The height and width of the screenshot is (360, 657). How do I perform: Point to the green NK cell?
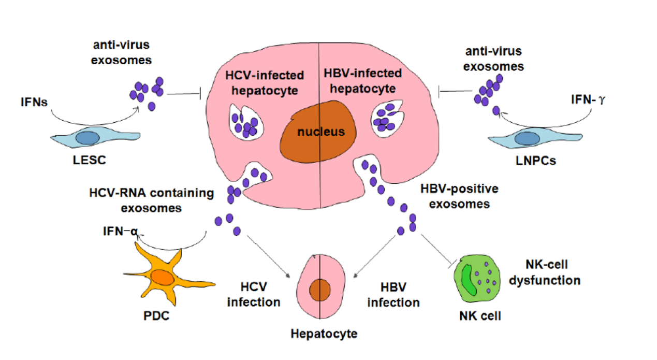(x=476, y=279)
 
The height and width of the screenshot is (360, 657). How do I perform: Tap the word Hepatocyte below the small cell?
(x=323, y=333)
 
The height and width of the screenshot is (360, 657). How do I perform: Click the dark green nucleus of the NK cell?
(x=467, y=278)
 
